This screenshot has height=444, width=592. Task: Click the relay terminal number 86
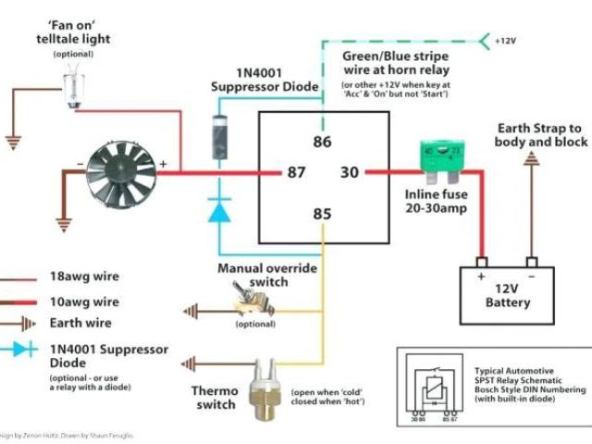coord(321,142)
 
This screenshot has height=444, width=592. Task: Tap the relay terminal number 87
coord(296,172)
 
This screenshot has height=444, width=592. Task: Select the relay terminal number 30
coord(349,172)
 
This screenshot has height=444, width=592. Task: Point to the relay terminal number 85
coord(321,216)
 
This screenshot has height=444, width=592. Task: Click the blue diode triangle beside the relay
coord(219,210)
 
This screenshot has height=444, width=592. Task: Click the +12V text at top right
coord(505,42)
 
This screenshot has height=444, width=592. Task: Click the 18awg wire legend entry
coord(84,277)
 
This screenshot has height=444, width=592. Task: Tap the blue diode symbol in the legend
coord(19,350)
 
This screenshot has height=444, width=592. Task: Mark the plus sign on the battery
coord(481,275)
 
